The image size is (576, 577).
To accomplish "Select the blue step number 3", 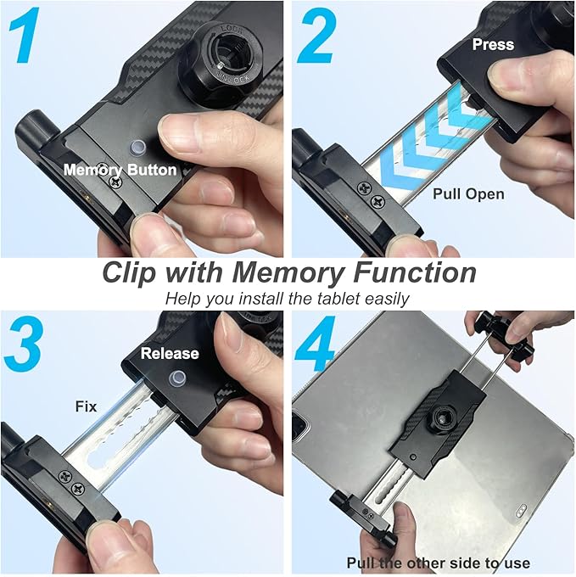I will pos(25,343).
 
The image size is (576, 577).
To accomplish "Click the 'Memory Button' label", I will pos(120,170).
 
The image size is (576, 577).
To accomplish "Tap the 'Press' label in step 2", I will pos(493,44).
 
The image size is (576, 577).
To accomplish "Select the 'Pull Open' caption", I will pos(468,193).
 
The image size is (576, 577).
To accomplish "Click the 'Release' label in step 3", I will pos(170,353).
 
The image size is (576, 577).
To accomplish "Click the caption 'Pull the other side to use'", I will pos(438,563).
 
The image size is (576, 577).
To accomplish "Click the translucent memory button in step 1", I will pos(133,146).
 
